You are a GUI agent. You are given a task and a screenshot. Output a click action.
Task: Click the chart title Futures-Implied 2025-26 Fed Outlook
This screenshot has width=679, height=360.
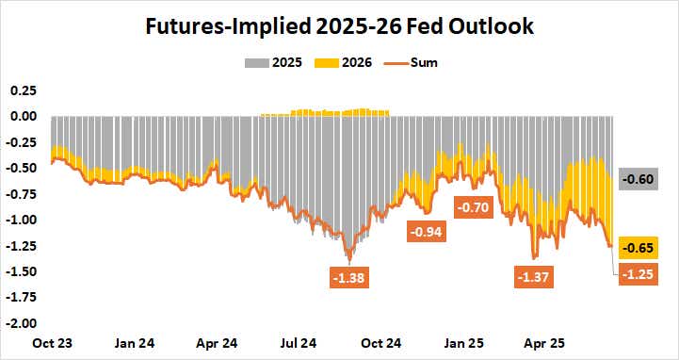coord(339,26)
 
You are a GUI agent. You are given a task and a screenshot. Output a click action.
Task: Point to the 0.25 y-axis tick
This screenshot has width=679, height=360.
coord(22,90)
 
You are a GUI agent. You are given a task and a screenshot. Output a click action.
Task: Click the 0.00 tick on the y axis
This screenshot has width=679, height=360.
coord(22,117)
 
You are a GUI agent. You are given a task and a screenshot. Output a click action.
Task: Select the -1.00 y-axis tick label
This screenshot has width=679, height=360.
coord(21,220)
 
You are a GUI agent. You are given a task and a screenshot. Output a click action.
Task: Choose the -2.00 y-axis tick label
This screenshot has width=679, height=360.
coord(21,323)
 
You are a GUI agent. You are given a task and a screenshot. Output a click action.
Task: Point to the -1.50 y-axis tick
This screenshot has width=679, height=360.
coord(21,271)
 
